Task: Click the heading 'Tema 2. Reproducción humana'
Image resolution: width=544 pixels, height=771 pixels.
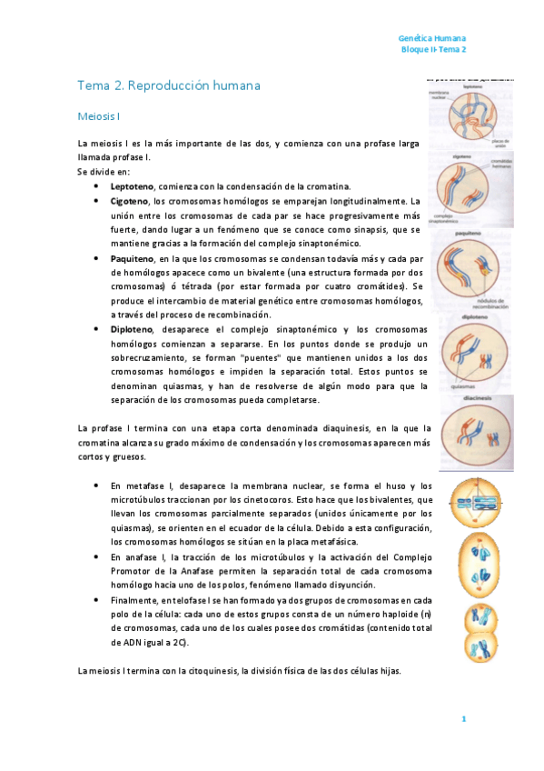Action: click(x=169, y=85)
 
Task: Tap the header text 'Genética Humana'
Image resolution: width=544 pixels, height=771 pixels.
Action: click(x=432, y=39)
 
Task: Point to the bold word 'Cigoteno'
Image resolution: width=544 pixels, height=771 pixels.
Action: click(x=130, y=200)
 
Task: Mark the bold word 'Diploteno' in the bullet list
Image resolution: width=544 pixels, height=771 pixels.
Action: click(x=132, y=329)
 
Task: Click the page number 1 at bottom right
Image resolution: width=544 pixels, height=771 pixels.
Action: click(x=463, y=720)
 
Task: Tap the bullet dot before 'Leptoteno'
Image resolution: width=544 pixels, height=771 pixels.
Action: click(x=95, y=185)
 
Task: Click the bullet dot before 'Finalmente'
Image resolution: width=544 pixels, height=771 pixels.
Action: click(x=95, y=601)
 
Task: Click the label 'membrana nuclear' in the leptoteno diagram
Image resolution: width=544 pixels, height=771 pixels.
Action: click(x=442, y=96)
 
